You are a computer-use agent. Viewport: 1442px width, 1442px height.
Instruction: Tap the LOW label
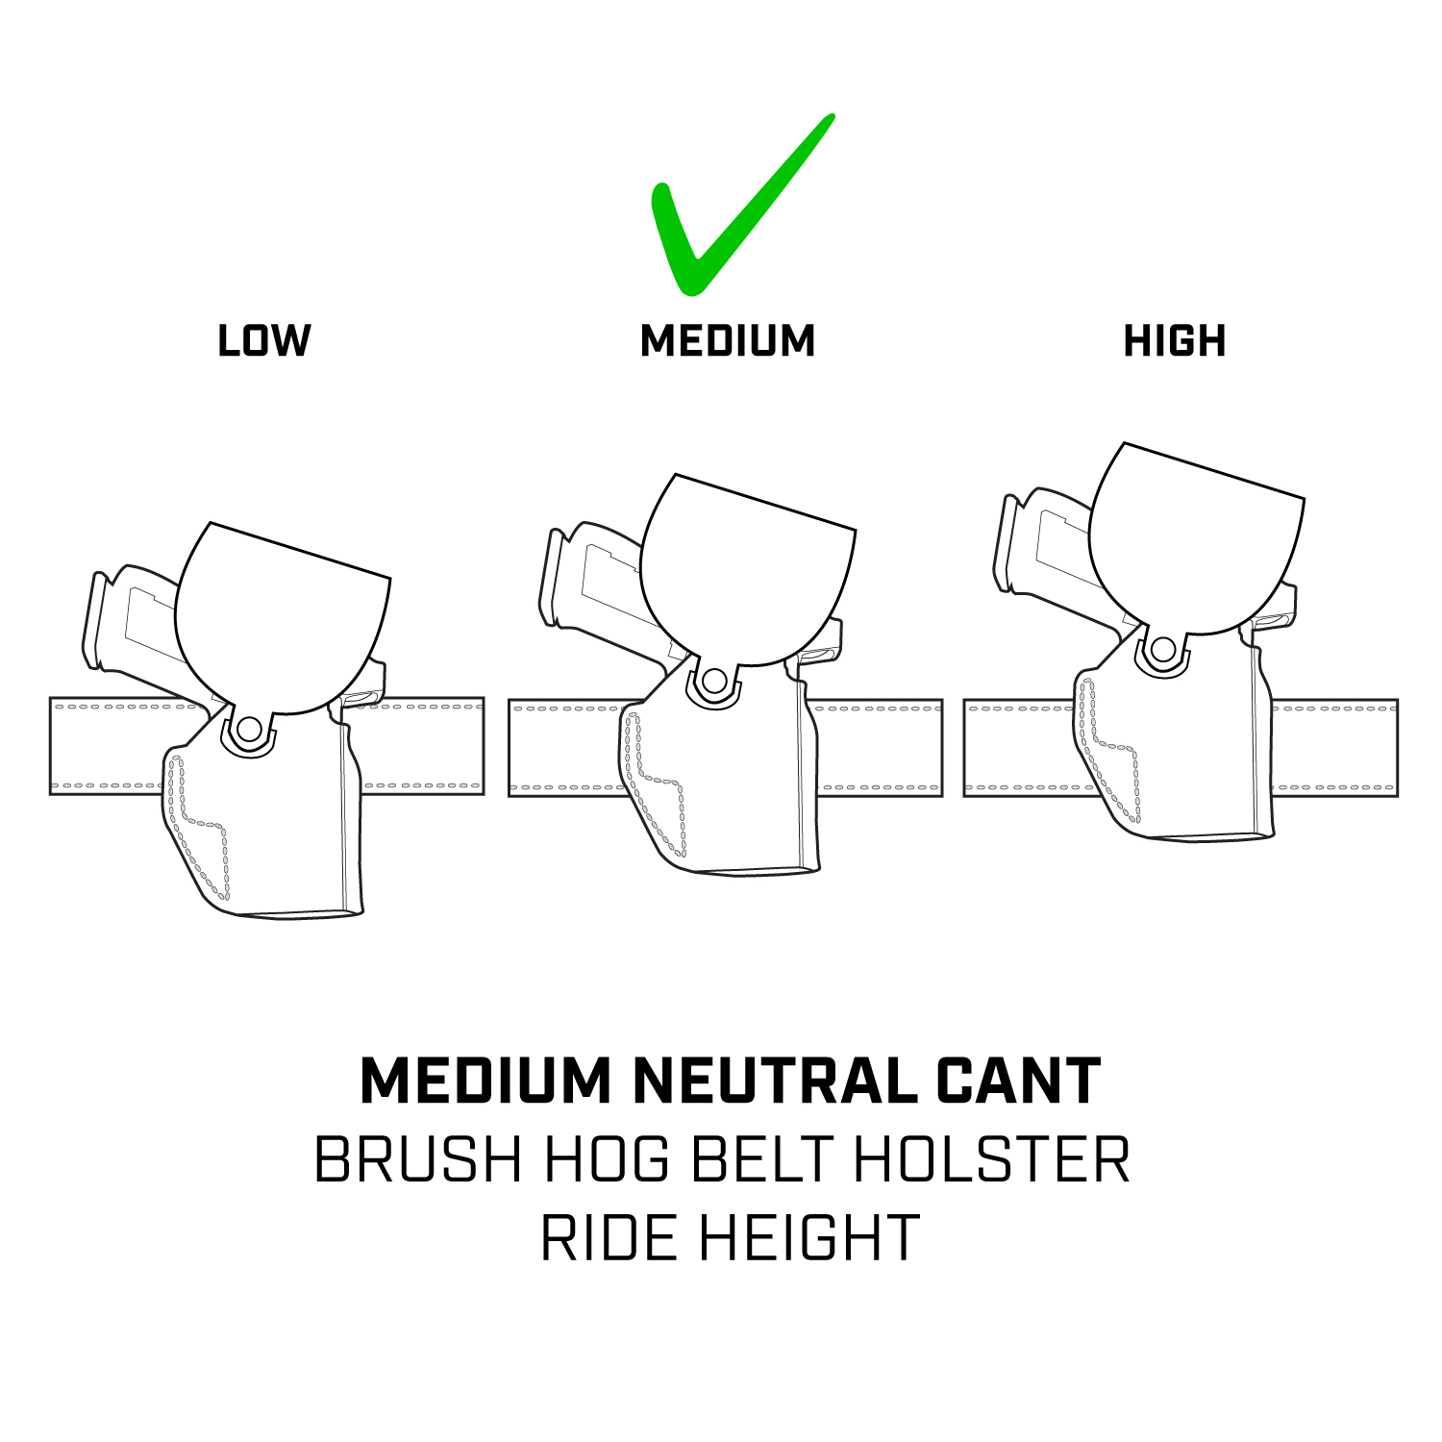tap(264, 341)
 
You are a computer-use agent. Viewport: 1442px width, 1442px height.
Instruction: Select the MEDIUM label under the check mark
tap(728, 341)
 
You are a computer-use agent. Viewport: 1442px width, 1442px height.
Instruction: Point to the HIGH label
tap(1175, 341)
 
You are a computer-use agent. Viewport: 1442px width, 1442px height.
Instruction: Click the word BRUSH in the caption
tap(418, 1160)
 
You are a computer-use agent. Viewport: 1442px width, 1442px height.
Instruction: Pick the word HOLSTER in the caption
tap(991, 1160)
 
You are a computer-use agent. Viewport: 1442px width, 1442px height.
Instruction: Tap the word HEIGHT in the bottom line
tap(809, 1238)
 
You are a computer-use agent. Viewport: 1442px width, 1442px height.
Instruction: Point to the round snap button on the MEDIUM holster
tap(713, 682)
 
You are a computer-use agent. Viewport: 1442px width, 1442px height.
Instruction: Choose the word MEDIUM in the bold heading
tap(485, 1081)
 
